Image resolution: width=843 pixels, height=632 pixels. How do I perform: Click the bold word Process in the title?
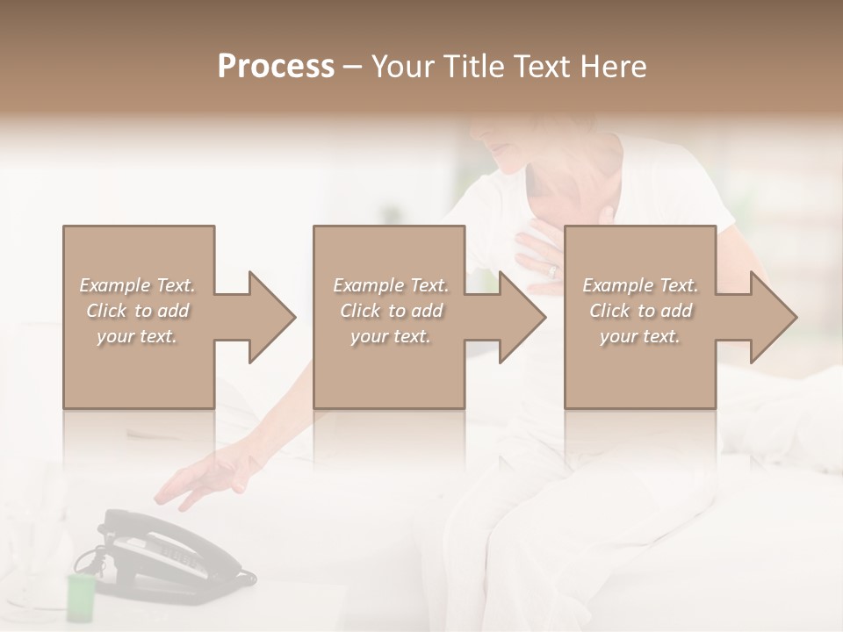click(x=276, y=67)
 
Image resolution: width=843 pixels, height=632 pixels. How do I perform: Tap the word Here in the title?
click(x=614, y=67)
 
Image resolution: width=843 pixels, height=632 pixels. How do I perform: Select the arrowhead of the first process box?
click(x=271, y=317)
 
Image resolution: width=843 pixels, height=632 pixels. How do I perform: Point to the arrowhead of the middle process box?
click(x=522, y=317)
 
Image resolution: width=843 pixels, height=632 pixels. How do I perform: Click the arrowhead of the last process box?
click(x=773, y=317)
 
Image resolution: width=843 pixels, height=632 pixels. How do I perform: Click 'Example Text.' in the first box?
click(x=138, y=285)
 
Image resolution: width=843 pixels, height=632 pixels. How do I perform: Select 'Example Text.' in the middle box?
click(x=391, y=285)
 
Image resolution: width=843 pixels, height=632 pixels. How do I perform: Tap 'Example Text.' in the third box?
click(x=640, y=285)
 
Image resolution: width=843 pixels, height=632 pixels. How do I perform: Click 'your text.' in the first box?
click(x=137, y=336)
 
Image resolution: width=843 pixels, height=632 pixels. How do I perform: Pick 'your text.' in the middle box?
click(x=391, y=336)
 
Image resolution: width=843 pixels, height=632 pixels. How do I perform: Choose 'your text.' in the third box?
click(x=640, y=336)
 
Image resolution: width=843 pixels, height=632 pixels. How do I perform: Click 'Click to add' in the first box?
click(x=138, y=311)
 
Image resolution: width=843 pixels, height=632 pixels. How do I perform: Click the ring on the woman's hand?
click(x=552, y=271)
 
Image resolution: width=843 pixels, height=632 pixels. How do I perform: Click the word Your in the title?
click(x=403, y=67)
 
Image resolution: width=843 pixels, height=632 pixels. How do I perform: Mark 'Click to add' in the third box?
click(x=640, y=311)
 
